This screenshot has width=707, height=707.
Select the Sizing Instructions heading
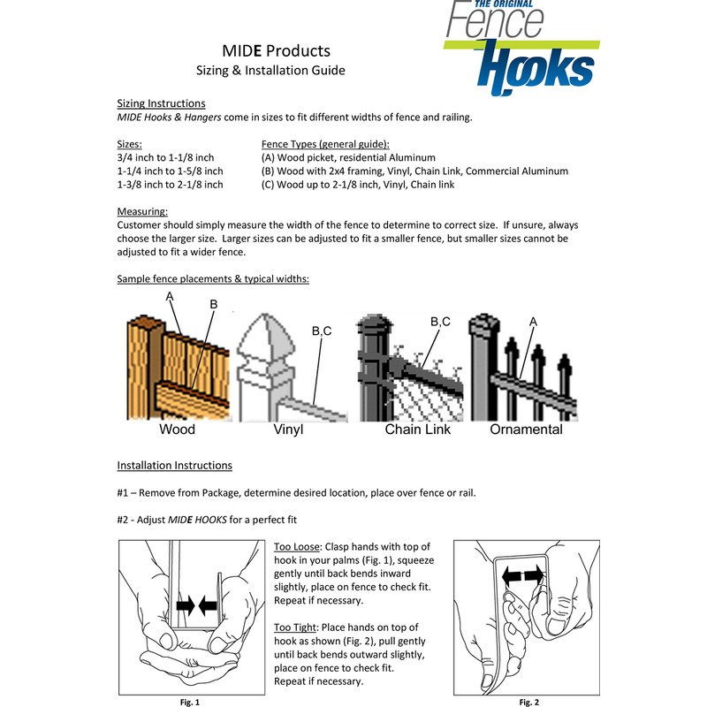point(162,103)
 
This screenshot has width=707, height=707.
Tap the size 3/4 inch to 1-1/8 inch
point(166,156)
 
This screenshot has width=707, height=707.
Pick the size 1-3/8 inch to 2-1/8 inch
point(170,185)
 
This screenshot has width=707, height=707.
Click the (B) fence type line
point(414,171)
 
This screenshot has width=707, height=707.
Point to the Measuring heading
point(141,212)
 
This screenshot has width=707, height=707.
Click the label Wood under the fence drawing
point(177,430)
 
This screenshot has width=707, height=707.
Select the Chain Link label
point(418,430)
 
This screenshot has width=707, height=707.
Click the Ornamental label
point(527,430)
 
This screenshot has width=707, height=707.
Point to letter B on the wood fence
point(213,304)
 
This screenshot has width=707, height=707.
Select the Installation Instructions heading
point(175,465)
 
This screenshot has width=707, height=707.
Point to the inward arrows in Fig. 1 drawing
point(198,605)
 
